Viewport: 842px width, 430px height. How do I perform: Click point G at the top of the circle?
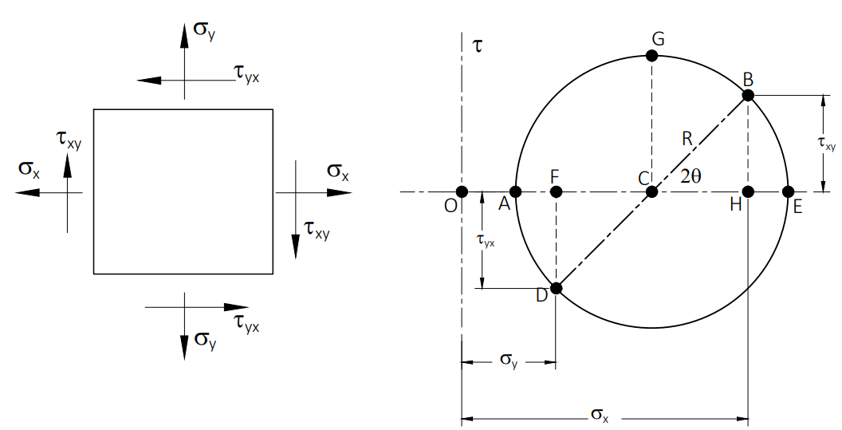click(652, 55)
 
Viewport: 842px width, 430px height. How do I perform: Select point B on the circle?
click(748, 96)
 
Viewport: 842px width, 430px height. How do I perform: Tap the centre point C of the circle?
click(652, 192)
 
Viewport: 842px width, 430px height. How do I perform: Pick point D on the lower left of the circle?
click(557, 288)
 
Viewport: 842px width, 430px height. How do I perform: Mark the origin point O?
click(462, 192)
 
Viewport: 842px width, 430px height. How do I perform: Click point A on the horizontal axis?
click(516, 192)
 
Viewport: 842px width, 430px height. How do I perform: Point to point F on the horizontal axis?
click(557, 192)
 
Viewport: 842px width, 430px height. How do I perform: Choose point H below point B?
click(748, 192)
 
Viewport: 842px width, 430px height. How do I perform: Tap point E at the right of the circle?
click(788, 192)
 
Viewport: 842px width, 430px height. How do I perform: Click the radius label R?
click(687, 140)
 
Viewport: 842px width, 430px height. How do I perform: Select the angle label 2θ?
click(691, 176)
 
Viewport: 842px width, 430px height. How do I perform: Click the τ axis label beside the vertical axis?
click(478, 46)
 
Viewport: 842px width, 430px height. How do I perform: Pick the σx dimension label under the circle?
click(600, 415)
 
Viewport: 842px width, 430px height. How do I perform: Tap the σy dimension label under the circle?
click(509, 360)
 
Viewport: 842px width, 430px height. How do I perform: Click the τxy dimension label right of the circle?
click(827, 144)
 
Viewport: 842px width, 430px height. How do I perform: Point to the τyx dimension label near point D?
click(486, 241)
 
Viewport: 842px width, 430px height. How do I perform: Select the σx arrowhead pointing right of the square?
click(340, 192)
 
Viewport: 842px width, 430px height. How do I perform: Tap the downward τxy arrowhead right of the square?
click(295, 247)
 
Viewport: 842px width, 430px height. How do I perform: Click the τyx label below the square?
click(246, 324)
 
